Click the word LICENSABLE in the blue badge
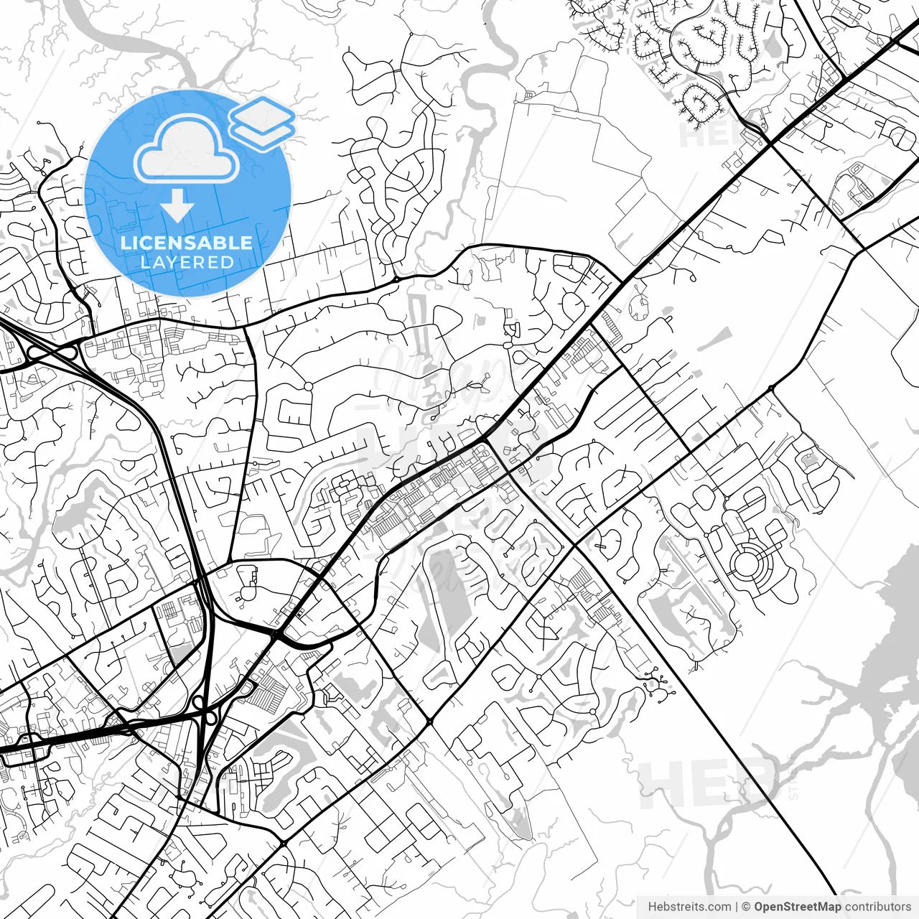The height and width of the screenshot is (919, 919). [187, 243]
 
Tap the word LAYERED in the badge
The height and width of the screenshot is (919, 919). [187, 262]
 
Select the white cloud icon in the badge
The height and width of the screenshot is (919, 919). [187, 149]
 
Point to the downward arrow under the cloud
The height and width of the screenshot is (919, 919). [177, 206]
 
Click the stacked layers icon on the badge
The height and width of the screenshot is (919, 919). [262, 123]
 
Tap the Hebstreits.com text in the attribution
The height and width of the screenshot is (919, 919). [689, 907]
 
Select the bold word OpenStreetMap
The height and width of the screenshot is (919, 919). [798, 907]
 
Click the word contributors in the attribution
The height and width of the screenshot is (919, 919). [877, 907]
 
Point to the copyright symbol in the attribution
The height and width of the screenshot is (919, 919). [747, 907]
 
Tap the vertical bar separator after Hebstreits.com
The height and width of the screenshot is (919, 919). [737, 907]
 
